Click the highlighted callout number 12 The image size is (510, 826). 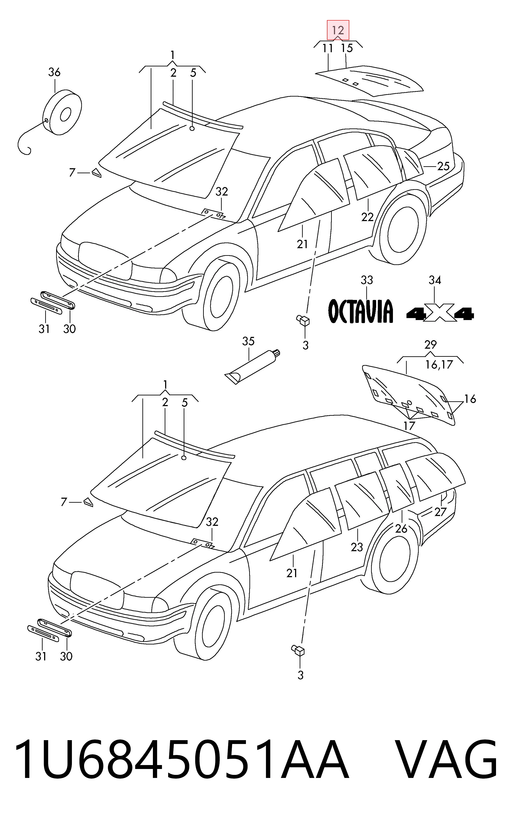tap(338, 30)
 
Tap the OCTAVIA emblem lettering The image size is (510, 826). tap(361, 311)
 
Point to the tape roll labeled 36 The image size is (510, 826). tap(63, 112)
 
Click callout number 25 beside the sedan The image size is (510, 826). tap(443, 166)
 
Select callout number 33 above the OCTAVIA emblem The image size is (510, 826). tap(367, 280)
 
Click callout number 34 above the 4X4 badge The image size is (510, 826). tap(435, 280)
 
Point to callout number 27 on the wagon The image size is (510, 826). tap(440, 512)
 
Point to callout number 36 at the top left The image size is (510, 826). tap(54, 72)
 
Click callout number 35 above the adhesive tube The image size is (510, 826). tap(248, 341)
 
